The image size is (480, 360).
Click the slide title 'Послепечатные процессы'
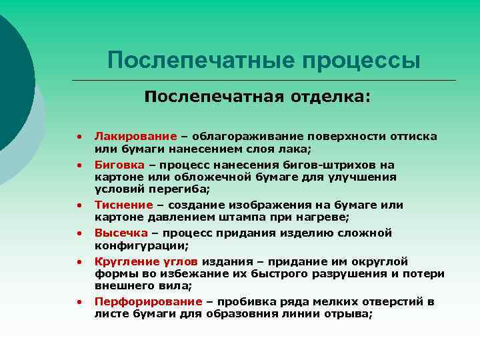264,61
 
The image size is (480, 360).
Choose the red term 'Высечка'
120,233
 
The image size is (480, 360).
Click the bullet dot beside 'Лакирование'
79,137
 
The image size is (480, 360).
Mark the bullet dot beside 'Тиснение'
79,205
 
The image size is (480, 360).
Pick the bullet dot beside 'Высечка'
79,233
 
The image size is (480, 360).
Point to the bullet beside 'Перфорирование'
79,302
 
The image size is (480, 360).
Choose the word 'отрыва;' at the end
351,313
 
